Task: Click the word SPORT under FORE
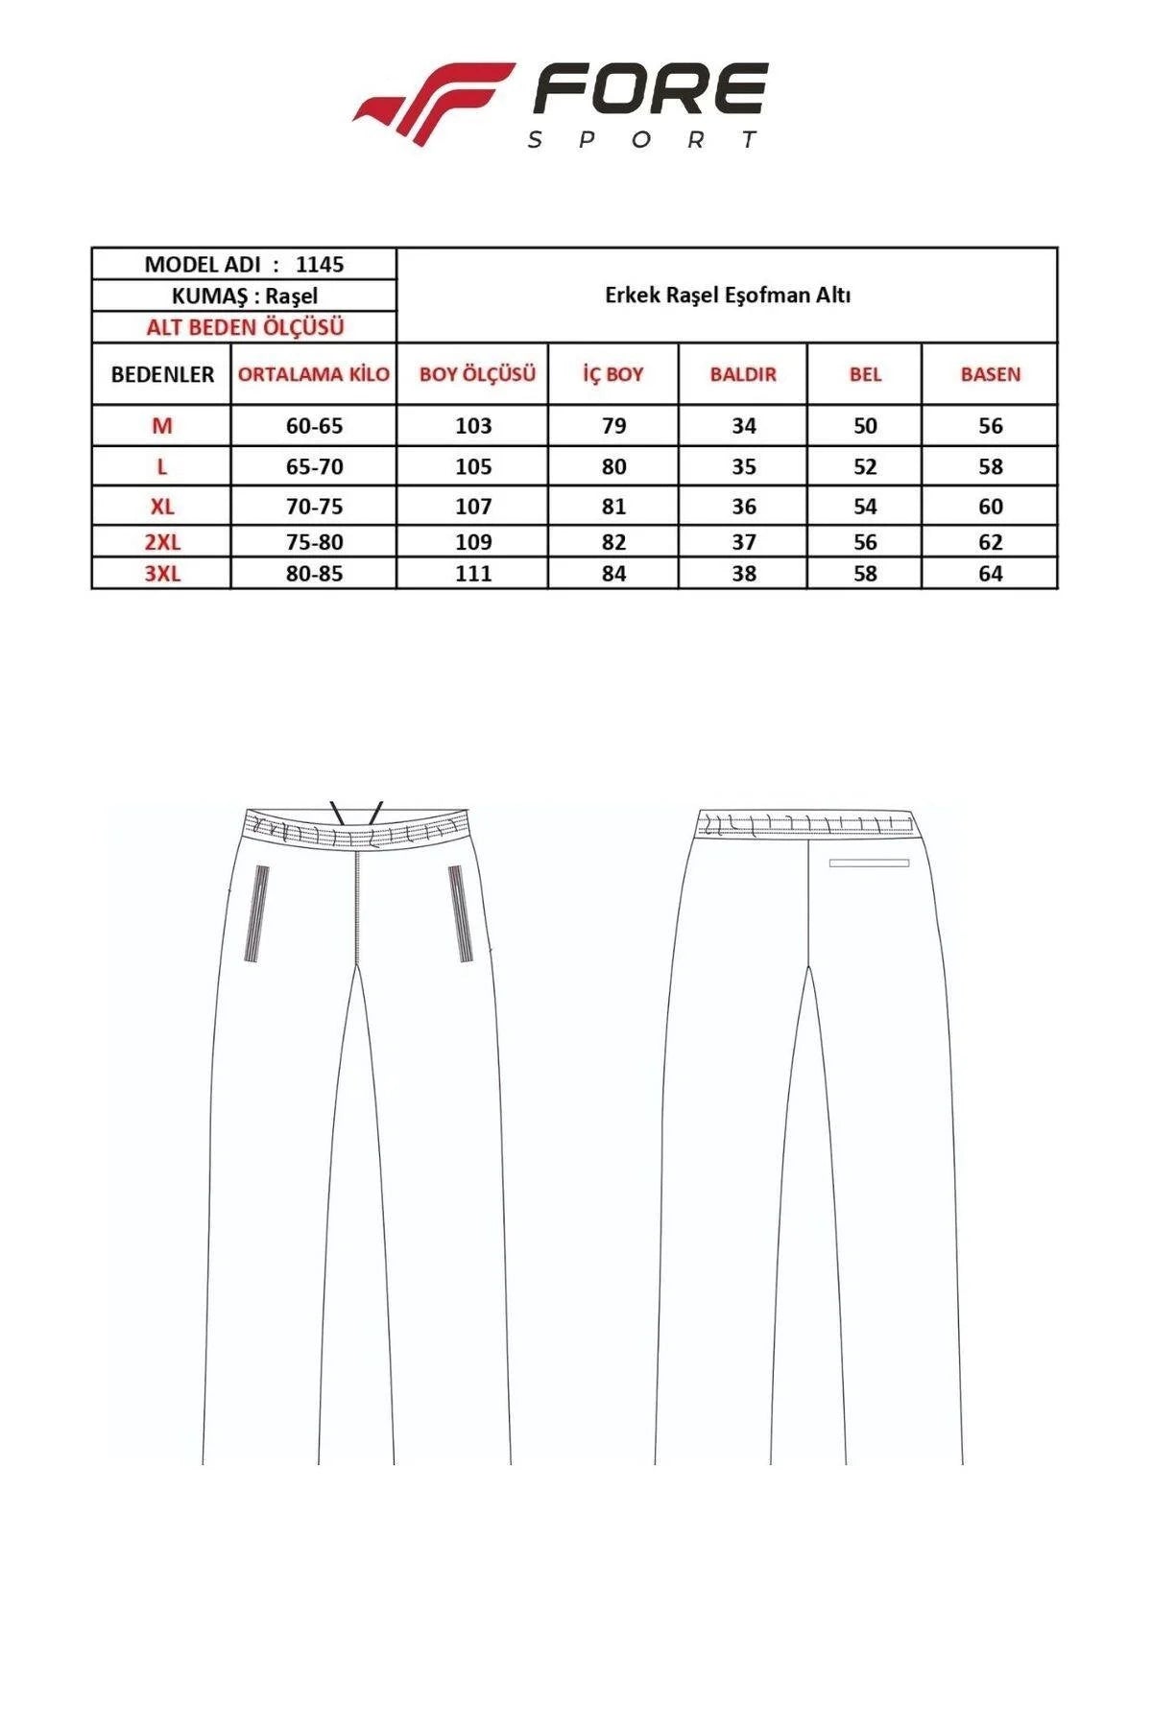[x=643, y=140]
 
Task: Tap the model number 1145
[x=320, y=264]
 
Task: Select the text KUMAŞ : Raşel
[x=244, y=296]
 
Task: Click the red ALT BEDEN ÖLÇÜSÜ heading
[x=245, y=327]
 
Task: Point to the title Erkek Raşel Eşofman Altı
[x=728, y=296]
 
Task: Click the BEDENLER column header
[x=162, y=374]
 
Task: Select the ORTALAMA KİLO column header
[x=314, y=374]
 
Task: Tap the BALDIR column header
[x=743, y=374]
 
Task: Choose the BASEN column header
[x=991, y=374]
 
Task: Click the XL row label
[x=162, y=506]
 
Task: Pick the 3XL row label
[x=162, y=574]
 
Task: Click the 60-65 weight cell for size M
[x=314, y=426]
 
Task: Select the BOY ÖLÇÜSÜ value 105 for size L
[x=473, y=466]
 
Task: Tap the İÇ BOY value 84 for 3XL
[x=613, y=574]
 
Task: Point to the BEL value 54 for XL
[x=865, y=506]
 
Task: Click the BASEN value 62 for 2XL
[x=991, y=542]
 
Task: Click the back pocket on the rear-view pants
[x=869, y=863]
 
